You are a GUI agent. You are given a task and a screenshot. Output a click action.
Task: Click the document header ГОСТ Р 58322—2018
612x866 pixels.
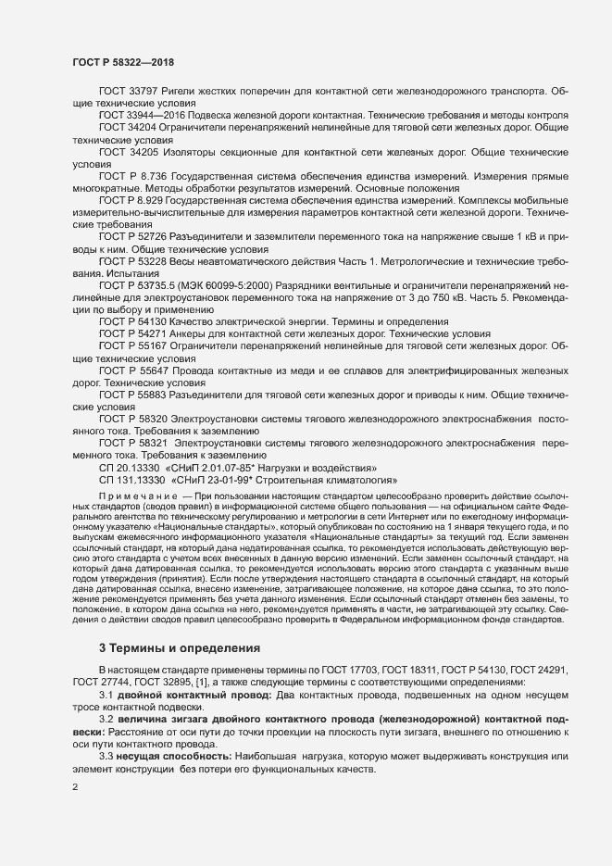tap(123, 61)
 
